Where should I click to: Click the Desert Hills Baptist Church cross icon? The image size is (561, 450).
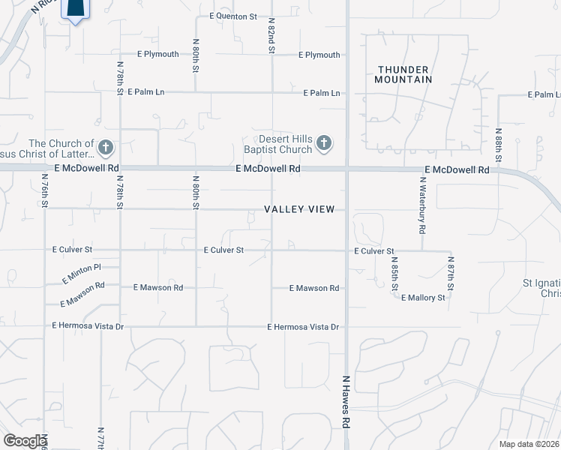324,142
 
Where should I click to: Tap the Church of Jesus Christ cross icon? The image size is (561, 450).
106,147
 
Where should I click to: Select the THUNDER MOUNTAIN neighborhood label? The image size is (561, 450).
403,74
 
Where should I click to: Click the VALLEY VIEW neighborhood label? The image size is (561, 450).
299,209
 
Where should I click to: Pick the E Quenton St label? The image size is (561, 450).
233,16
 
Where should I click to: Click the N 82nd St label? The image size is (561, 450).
271,35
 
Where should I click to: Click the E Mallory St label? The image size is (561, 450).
423,298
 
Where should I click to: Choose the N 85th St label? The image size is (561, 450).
394,274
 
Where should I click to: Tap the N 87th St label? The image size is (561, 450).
451,274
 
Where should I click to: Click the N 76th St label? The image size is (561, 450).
45,195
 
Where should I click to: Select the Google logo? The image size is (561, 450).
24,441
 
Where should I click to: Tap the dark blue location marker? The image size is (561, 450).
75,9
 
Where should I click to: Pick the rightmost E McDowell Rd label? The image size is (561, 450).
457,170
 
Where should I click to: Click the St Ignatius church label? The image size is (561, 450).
541,289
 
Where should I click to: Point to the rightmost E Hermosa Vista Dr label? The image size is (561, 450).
304,327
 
